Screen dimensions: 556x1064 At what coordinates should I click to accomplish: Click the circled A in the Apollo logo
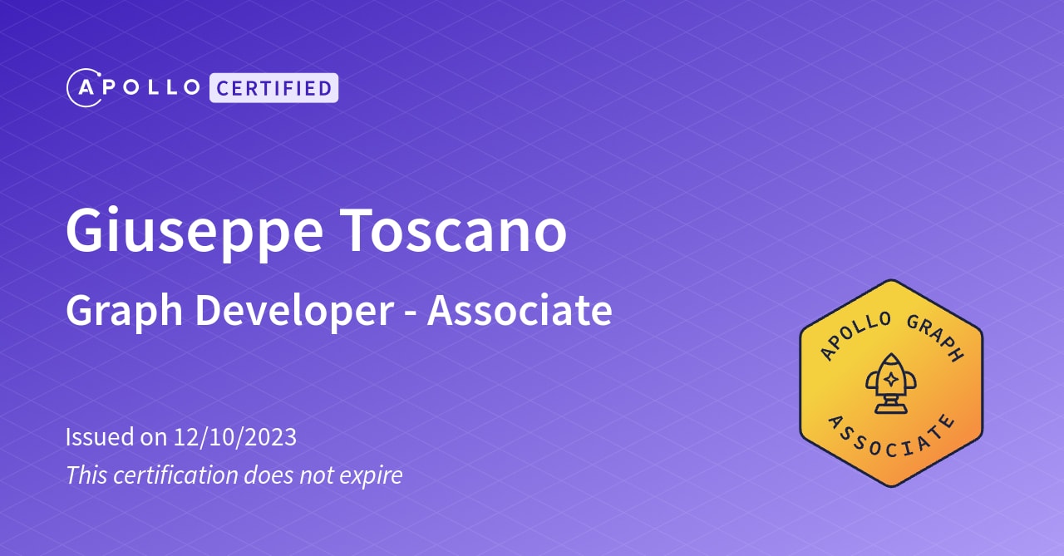[x=84, y=88]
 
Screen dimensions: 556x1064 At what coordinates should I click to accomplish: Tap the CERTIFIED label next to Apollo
[x=273, y=88]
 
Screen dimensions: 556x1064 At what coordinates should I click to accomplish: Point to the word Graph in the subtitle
[x=124, y=312]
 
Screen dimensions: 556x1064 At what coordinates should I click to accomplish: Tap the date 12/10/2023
[x=235, y=436]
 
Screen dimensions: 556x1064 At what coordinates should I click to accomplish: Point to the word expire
[x=372, y=476]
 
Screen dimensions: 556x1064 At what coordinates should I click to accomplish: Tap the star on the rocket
[x=890, y=379]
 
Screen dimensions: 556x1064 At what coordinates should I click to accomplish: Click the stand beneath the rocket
[x=890, y=405]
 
